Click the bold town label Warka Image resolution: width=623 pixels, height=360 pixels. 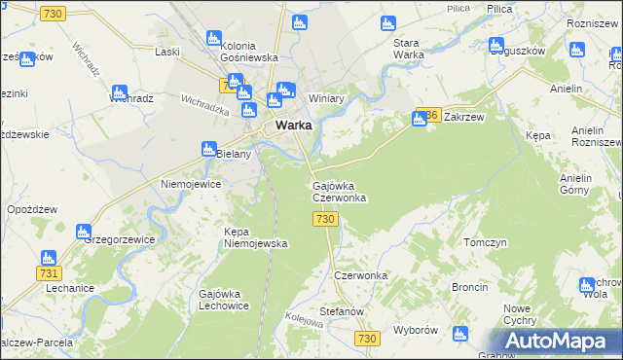[x=293, y=126]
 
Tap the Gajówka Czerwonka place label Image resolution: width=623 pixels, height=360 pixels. [x=339, y=192]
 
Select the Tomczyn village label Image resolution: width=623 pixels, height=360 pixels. [x=486, y=242]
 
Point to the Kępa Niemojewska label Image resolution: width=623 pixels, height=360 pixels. [x=255, y=237]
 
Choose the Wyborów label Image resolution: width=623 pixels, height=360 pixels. [x=415, y=330]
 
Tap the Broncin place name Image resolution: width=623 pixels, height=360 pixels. [x=469, y=288]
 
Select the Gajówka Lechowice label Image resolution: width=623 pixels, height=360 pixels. [x=223, y=299]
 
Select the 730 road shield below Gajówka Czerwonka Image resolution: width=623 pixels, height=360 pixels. [x=326, y=220]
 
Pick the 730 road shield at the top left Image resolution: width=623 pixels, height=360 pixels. [x=55, y=12]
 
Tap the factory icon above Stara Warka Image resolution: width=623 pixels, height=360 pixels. [x=387, y=22]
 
